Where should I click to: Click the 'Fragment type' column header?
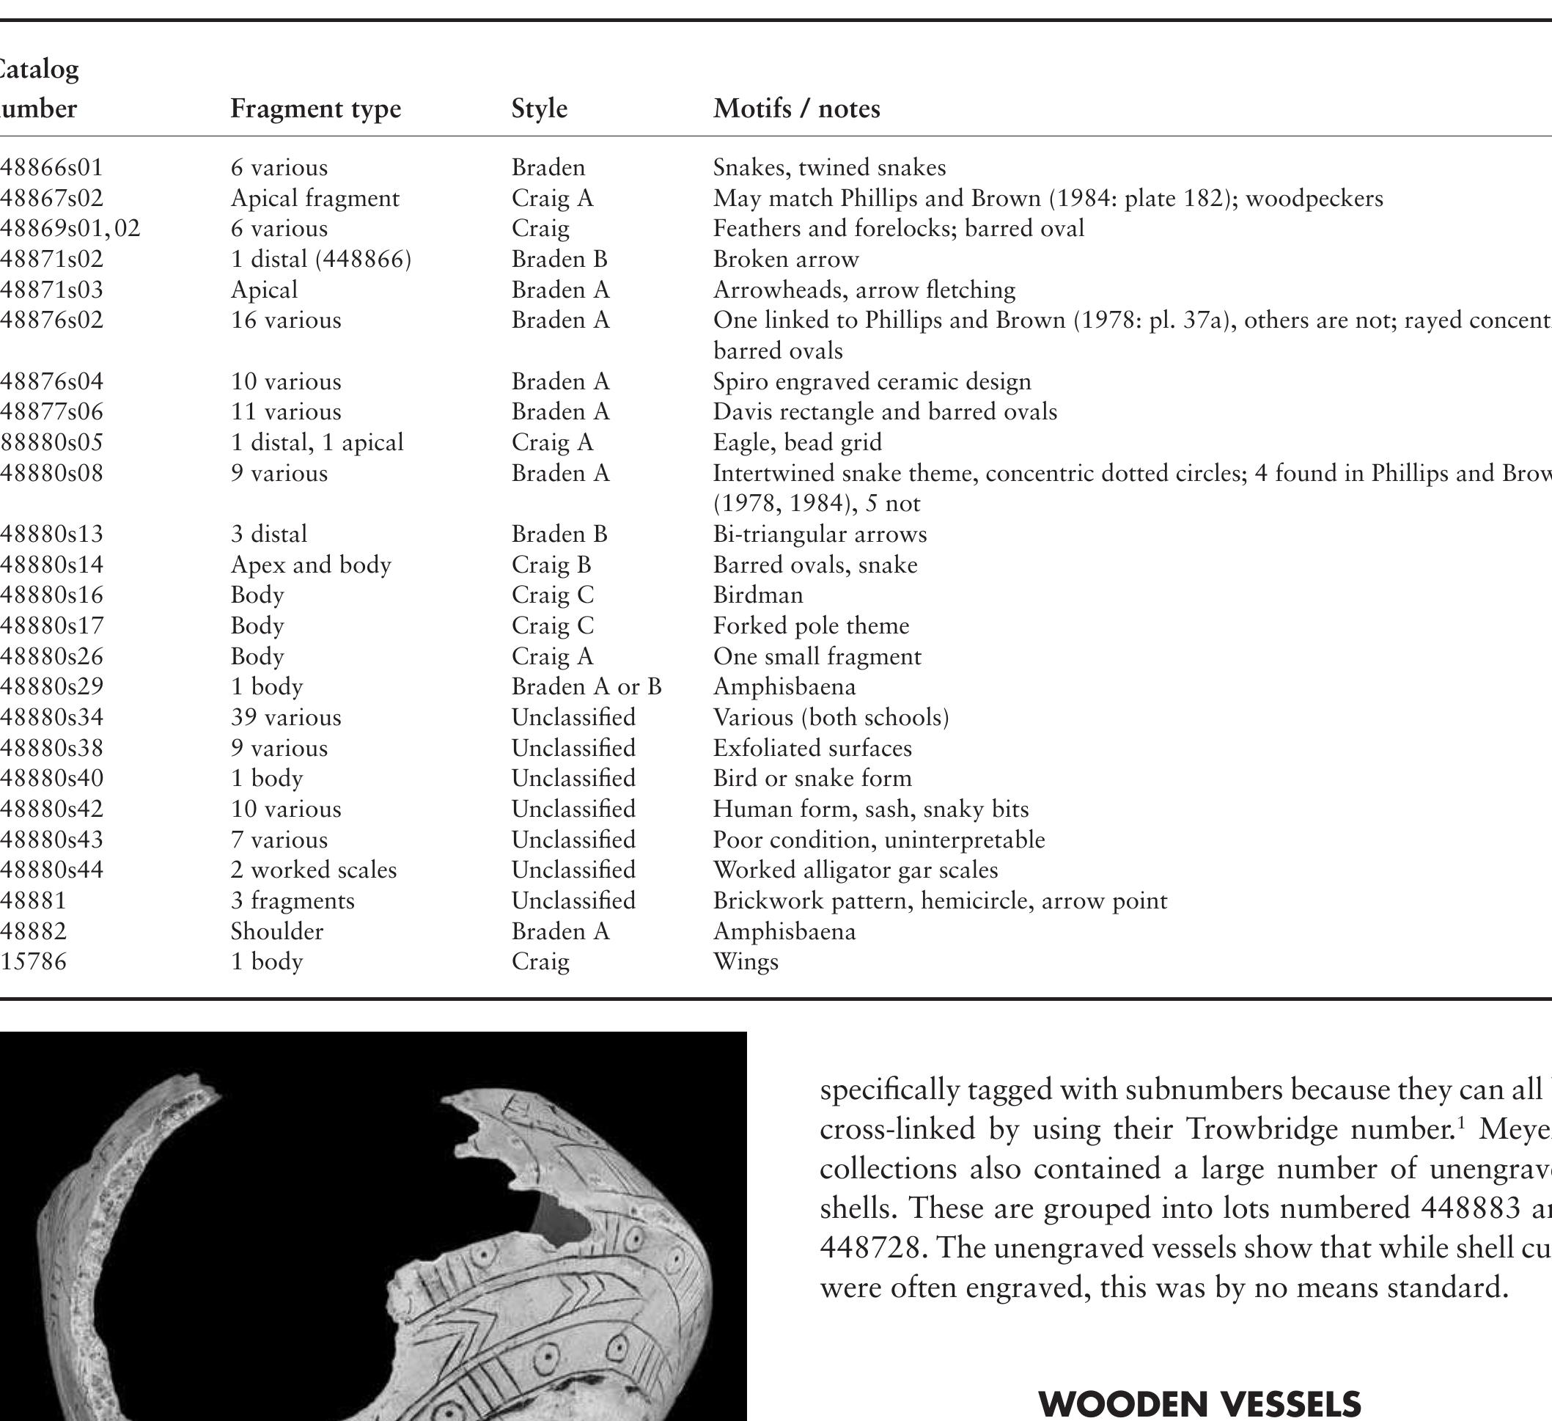[316, 109]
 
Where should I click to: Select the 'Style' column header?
[539, 109]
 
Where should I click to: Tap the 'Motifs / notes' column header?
[796, 109]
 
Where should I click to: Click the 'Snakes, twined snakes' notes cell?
[829, 168]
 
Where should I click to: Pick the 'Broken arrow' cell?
[785, 260]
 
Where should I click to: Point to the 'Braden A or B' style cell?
[586, 686]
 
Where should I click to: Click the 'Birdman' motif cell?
[757, 595]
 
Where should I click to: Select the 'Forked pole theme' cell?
[811, 626]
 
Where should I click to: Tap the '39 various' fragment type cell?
[286, 717]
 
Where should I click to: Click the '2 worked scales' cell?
[313, 870]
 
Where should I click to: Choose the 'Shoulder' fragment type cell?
[276, 931]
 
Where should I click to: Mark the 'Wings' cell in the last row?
[745, 961]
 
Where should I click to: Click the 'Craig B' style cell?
[551, 565]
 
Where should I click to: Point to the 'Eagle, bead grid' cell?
[797, 443]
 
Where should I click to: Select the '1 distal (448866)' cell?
[321, 260]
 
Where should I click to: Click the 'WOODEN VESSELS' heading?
[1199, 1403]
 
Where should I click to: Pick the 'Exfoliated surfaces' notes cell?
[812, 748]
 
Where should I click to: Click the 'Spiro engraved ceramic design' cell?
[872, 382]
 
